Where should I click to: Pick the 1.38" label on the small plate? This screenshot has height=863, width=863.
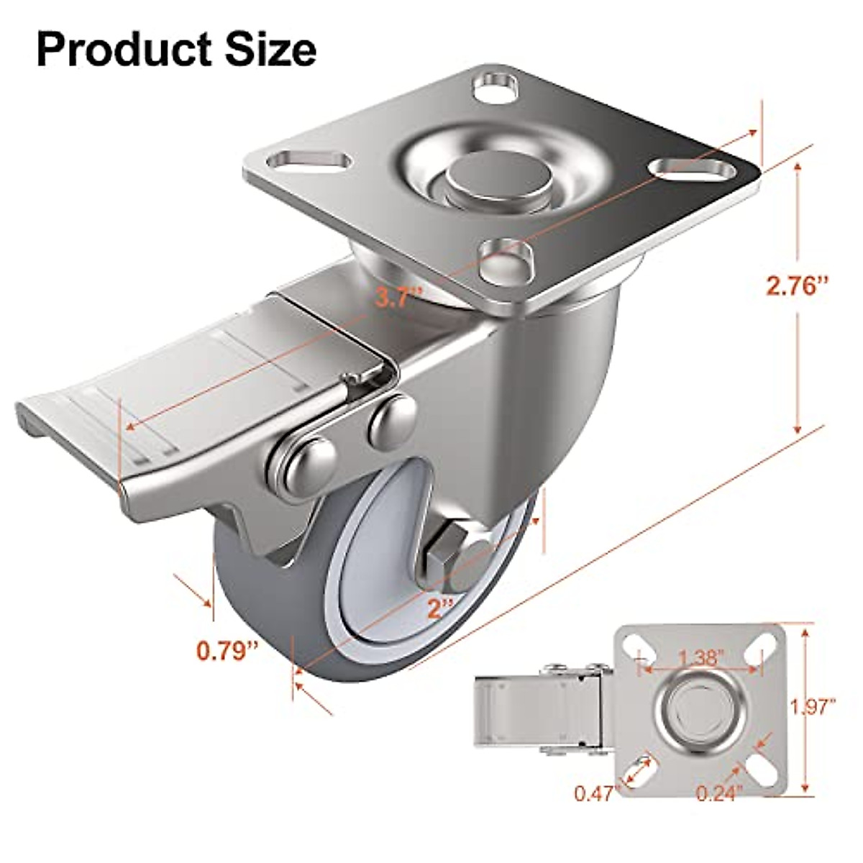[x=700, y=657]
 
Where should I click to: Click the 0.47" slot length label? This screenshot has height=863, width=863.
[x=596, y=793]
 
